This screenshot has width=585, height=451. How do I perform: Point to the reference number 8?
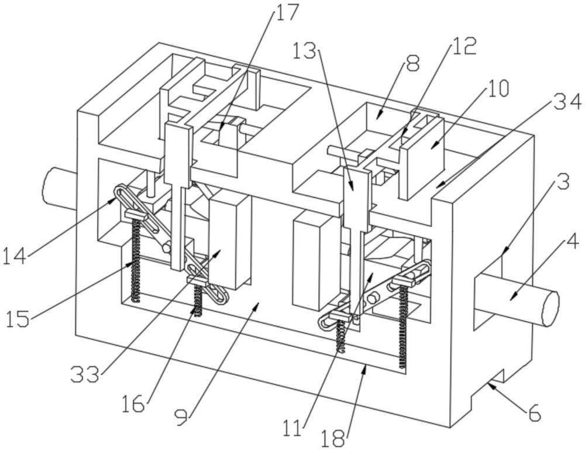(413, 63)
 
